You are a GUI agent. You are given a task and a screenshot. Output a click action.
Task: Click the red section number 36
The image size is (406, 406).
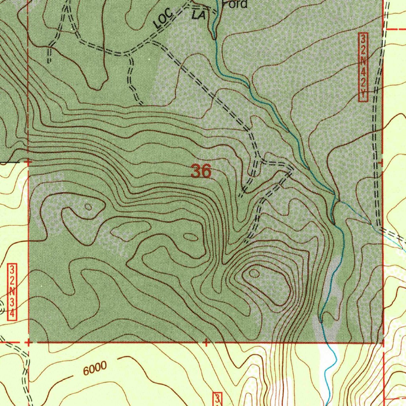point(201,172)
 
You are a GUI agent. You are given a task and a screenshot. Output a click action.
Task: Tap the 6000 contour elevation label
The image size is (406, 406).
point(95,368)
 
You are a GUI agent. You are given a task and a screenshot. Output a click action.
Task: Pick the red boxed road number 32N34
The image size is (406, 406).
point(13,291)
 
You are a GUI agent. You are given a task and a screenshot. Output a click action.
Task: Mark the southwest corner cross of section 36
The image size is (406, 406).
point(28,341)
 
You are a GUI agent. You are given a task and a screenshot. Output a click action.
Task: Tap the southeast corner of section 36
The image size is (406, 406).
point(383,342)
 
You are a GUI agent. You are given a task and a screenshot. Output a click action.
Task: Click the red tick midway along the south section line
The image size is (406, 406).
point(206,342)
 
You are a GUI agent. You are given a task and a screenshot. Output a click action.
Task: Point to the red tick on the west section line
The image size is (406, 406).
point(28,162)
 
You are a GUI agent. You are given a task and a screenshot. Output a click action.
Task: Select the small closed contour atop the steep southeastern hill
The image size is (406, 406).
point(254,273)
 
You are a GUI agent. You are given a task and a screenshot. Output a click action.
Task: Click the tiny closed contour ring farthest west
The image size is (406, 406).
point(88,207)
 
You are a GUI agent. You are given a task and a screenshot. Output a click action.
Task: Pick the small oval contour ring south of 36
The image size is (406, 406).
point(191,237)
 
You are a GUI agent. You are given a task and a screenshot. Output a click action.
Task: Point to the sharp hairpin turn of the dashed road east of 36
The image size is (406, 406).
point(291,170)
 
